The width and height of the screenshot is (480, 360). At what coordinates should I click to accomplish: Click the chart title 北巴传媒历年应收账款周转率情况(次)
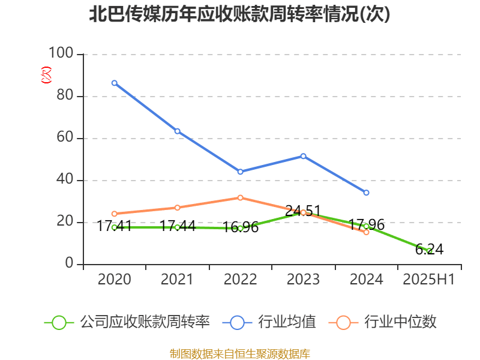(239, 14)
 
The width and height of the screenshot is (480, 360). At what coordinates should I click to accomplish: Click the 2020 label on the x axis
(114, 279)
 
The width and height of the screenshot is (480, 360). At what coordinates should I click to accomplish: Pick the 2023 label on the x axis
(303, 279)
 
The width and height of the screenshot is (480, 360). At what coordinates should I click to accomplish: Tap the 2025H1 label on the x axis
(429, 279)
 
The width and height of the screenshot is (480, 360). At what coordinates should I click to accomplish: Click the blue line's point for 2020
(115, 83)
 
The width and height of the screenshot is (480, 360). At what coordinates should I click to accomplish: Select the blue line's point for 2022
(240, 172)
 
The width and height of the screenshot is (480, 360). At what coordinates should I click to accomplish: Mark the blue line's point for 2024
(366, 193)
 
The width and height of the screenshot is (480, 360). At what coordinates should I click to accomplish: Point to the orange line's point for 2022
(240, 197)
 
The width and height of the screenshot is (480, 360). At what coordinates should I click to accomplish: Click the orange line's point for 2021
(178, 208)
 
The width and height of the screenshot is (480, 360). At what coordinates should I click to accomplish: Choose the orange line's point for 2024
(366, 232)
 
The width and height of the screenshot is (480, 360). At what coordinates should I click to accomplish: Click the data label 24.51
(303, 211)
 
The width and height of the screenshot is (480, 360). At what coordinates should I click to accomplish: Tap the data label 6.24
(429, 249)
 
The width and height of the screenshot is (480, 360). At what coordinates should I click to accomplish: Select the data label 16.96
(240, 227)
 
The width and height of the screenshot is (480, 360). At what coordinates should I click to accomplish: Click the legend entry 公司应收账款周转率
(144, 322)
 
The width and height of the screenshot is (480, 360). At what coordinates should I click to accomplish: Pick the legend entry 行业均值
(286, 322)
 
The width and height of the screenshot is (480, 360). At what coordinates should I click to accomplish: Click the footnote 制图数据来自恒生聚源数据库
(239, 353)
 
